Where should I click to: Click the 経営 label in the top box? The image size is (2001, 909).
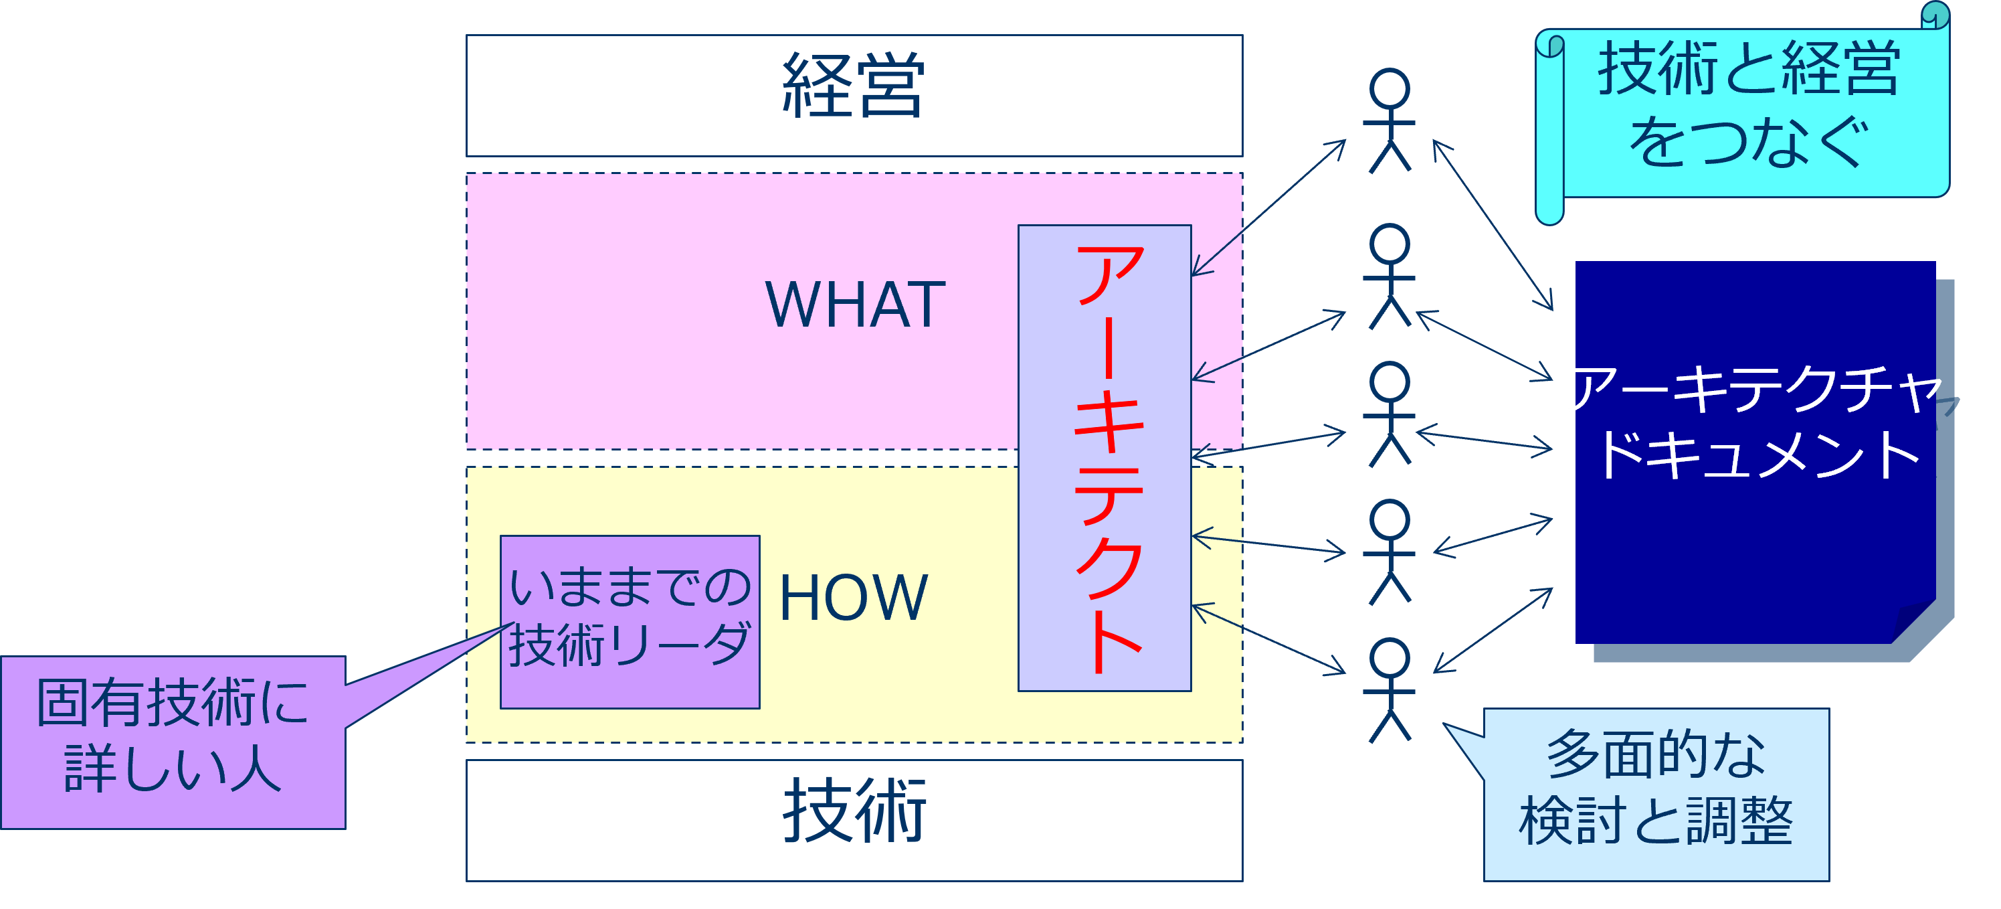pyautogui.click(x=853, y=86)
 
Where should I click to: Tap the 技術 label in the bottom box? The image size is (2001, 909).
pyautogui.click(x=854, y=811)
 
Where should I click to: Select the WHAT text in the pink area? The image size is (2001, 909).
pyautogui.click(x=855, y=305)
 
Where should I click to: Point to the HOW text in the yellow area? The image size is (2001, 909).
pyautogui.click(x=853, y=598)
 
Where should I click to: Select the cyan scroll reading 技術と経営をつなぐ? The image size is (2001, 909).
pyautogui.click(x=1747, y=105)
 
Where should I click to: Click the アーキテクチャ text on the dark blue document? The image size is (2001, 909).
pyautogui.click(x=1752, y=388)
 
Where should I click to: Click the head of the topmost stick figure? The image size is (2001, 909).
pyautogui.click(x=1390, y=88)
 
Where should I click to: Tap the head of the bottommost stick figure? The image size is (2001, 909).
pyautogui.click(x=1390, y=658)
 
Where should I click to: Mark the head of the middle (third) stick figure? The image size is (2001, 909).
pyautogui.click(x=1390, y=382)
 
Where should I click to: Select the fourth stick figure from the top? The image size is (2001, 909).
pyautogui.click(x=1390, y=552)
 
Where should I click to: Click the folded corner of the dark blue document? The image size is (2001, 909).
pyautogui.click(x=1915, y=622)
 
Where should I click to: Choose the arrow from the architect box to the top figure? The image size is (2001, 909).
pyautogui.click(x=1268, y=208)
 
